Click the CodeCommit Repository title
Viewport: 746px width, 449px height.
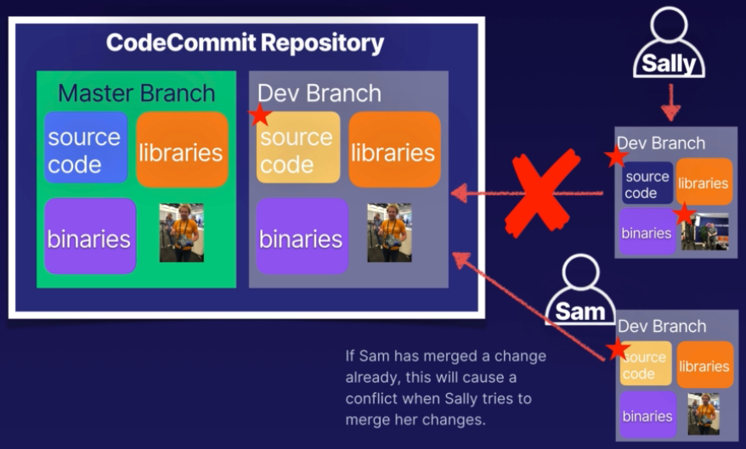pos(245,42)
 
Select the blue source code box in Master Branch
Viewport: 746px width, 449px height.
pos(85,149)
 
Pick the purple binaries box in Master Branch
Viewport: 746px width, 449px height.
pos(89,237)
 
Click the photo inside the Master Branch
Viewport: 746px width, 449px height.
pos(182,232)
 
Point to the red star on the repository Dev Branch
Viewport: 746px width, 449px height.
pos(260,115)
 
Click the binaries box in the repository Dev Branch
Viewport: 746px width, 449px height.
pos(302,237)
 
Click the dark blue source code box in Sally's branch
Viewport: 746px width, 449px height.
pos(647,184)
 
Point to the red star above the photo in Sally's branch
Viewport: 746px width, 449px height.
pos(684,213)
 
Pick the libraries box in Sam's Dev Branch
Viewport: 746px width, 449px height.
pos(704,365)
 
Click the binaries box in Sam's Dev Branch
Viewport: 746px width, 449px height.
pos(647,415)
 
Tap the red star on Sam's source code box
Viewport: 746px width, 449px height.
pos(618,349)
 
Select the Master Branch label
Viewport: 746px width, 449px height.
pos(136,93)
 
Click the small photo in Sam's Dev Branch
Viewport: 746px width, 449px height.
pos(704,414)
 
